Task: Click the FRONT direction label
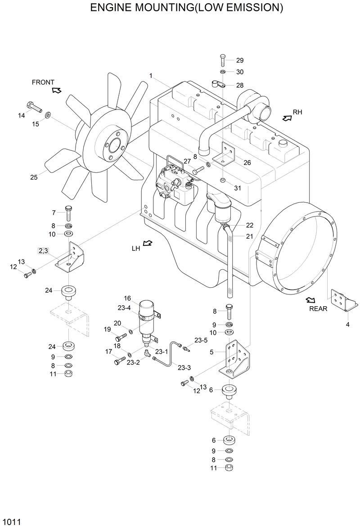pyautogui.click(x=43, y=82)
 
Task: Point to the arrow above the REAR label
pyautogui.click(x=310, y=300)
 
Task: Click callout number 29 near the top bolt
pyautogui.click(x=239, y=60)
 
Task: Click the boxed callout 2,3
pyautogui.click(x=44, y=251)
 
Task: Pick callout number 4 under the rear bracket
pyautogui.click(x=347, y=324)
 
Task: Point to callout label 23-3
pyautogui.click(x=184, y=367)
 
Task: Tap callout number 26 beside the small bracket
pyautogui.click(x=247, y=163)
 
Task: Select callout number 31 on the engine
pyautogui.click(x=238, y=188)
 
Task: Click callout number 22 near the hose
pyautogui.click(x=249, y=225)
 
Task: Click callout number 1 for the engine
pyautogui.click(x=151, y=75)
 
